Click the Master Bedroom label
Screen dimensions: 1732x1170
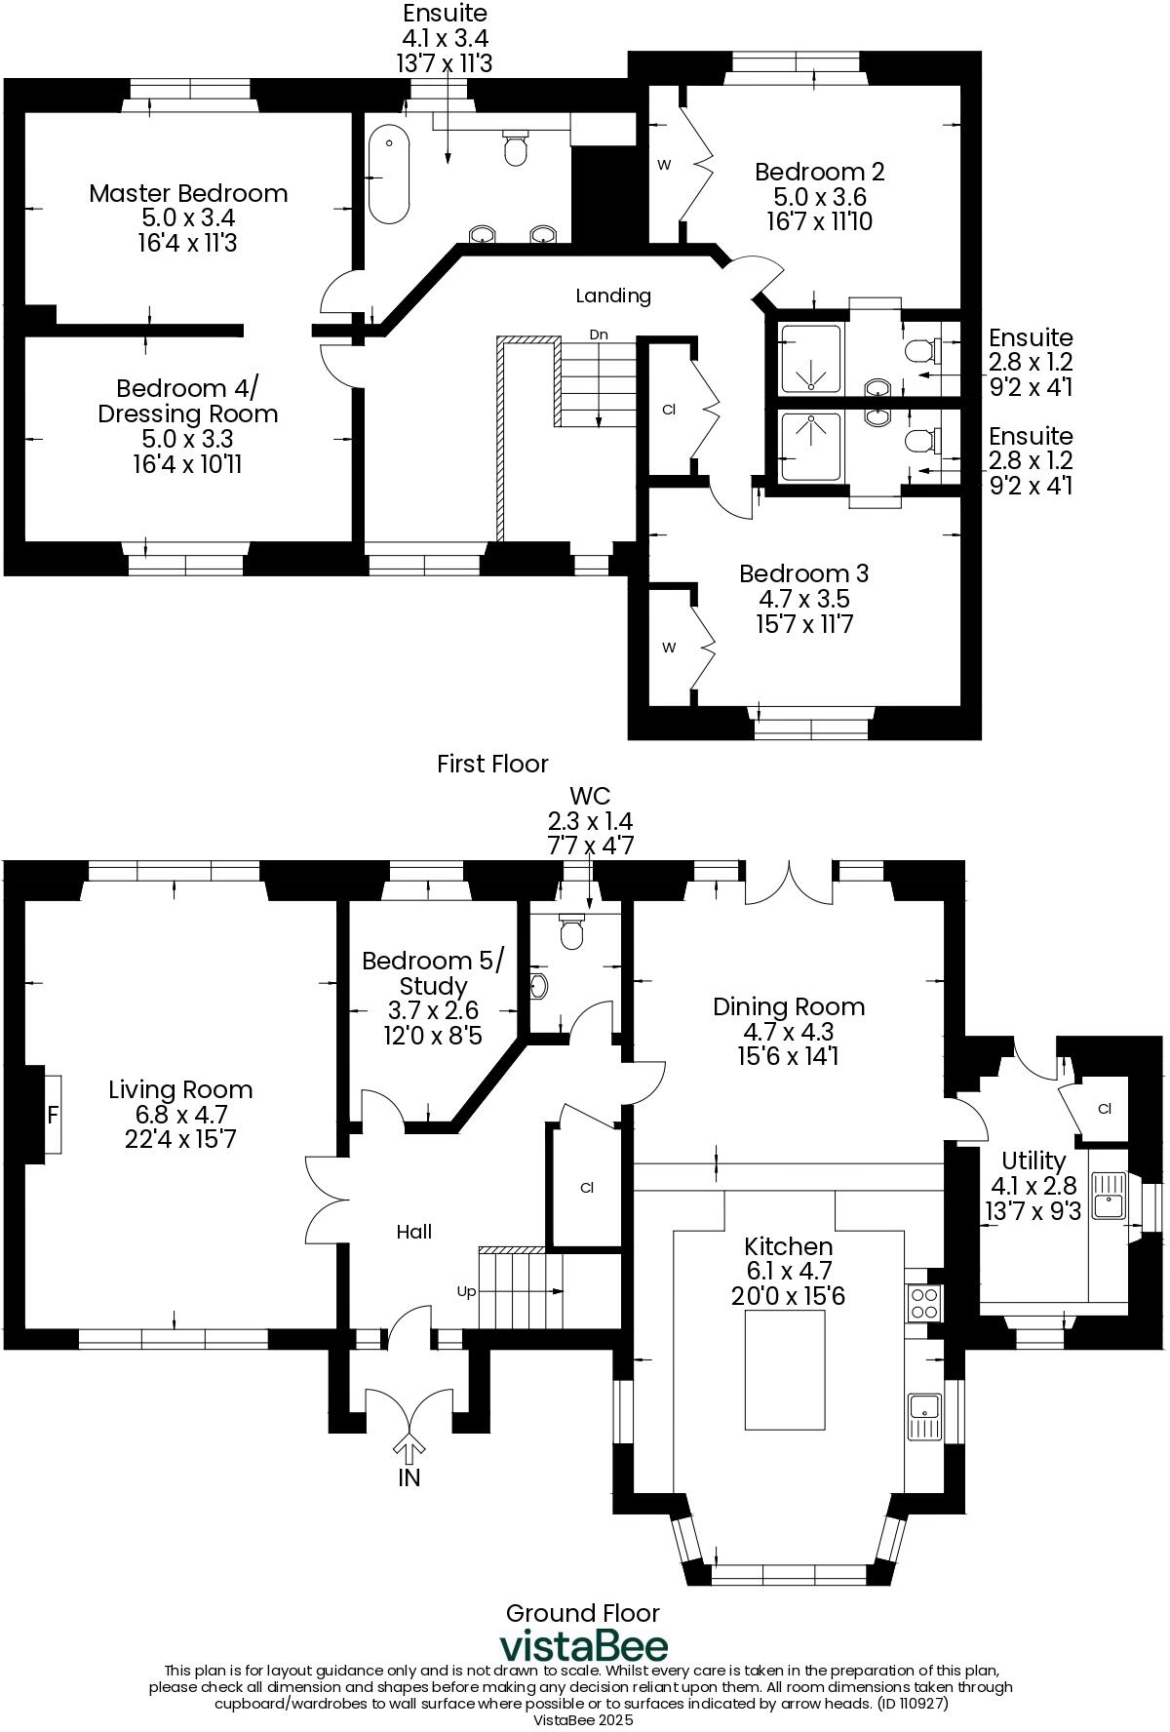[x=188, y=193]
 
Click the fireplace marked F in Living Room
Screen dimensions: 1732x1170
[x=53, y=1115]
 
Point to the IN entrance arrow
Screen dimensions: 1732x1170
[x=409, y=1446]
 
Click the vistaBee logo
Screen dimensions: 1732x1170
[x=583, y=1645]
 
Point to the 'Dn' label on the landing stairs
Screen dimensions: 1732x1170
[x=599, y=335]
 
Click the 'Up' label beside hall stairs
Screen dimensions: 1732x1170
[x=467, y=1291]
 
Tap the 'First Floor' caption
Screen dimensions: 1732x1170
[x=492, y=764]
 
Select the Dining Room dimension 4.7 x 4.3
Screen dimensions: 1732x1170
[x=788, y=1032]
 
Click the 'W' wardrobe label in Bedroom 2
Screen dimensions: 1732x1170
[x=664, y=165]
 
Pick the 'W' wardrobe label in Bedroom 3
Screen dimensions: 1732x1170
[x=669, y=648]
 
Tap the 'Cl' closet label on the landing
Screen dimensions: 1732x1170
[x=669, y=410]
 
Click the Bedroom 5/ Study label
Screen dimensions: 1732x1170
[x=433, y=973]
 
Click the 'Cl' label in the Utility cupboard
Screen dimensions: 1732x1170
[x=1105, y=1109]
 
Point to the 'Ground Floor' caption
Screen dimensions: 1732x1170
[x=582, y=1613]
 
